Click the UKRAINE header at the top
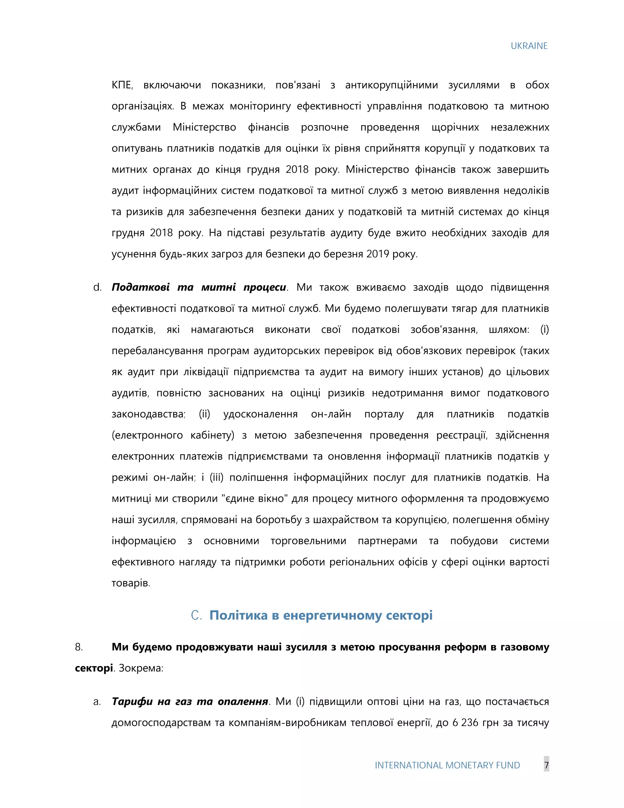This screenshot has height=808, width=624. (529, 46)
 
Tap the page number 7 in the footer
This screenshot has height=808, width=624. (546, 765)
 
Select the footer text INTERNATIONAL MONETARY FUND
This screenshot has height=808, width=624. (447, 765)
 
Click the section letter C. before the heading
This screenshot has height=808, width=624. (196, 615)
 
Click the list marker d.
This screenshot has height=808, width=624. (97, 288)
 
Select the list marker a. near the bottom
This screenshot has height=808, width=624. (97, 702)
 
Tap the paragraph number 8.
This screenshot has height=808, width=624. (78, 647)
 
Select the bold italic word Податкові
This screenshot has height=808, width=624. (140, 288)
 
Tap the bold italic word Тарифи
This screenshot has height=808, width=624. (132, 702)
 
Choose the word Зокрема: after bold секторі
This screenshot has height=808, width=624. (141, 668)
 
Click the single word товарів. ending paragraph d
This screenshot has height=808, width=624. (131, 583)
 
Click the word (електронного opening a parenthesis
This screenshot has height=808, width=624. (147, 435)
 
